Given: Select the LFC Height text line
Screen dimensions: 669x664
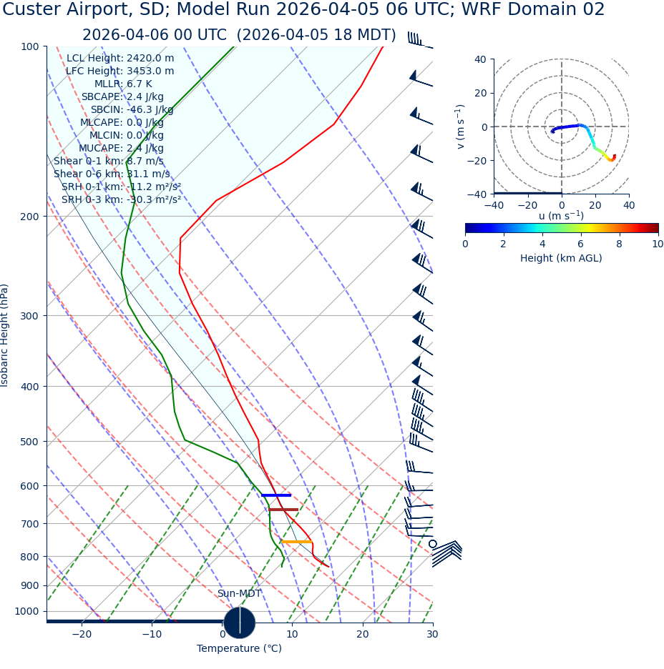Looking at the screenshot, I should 119,71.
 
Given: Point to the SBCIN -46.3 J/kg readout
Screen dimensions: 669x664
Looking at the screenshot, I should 132,109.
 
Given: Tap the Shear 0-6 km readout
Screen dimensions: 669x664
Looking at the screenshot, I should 112,174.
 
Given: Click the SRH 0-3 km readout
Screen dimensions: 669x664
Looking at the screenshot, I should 121,199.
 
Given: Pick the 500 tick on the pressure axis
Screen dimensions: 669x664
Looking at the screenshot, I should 29,442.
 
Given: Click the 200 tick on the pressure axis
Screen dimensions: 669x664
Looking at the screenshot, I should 29,216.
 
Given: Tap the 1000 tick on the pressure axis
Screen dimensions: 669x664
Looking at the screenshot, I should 26,611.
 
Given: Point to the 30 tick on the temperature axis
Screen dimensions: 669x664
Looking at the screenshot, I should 432,634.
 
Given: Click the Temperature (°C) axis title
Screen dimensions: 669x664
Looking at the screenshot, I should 239,648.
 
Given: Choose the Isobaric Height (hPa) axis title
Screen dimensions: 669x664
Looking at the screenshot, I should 6,335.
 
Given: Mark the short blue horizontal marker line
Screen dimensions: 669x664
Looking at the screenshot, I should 276,495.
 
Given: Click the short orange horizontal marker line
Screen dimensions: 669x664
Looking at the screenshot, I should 296,542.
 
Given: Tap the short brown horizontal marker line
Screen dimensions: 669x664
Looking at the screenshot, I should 283,510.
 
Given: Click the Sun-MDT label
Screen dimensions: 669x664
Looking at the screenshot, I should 239,593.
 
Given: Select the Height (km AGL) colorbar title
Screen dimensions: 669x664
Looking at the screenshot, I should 561,258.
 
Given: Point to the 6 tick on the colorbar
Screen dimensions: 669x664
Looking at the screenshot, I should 581,244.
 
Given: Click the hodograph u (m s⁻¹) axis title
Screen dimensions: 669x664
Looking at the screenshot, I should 561,216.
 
